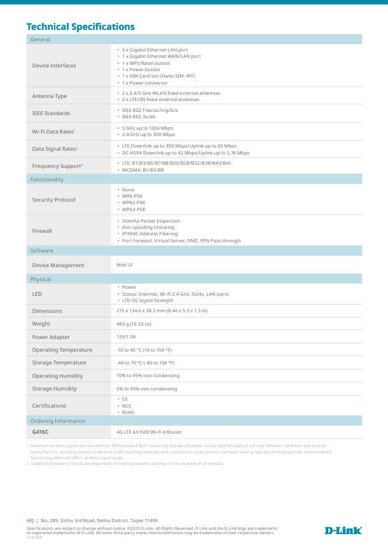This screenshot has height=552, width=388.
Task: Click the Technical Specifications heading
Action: pos(80,27)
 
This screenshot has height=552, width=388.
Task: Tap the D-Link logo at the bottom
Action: pos(343,530)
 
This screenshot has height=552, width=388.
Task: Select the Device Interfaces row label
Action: pos(54,66)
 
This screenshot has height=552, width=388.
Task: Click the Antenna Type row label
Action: pos(50,96)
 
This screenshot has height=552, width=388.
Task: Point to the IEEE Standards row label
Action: pos(52,113)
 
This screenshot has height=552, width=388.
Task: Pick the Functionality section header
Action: pos(47,179)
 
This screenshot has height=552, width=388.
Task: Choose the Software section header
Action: pos(42,251)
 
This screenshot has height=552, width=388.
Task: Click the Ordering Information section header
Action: pos(58,421)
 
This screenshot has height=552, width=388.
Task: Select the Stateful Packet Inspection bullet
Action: pos(151,221)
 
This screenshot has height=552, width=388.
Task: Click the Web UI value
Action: pos(125,265)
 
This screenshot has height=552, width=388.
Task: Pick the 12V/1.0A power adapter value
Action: pos(126,337)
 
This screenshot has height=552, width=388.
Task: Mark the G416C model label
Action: pos(40,432)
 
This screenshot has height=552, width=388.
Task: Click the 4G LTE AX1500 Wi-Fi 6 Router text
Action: pos(149,432)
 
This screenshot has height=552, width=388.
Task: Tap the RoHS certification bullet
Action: pos(128,412)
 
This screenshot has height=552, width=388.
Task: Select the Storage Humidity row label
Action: pos(54,389)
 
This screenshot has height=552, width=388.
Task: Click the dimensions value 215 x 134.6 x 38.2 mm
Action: pos(162,311)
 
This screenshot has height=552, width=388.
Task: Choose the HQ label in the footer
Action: pos(30,520)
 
